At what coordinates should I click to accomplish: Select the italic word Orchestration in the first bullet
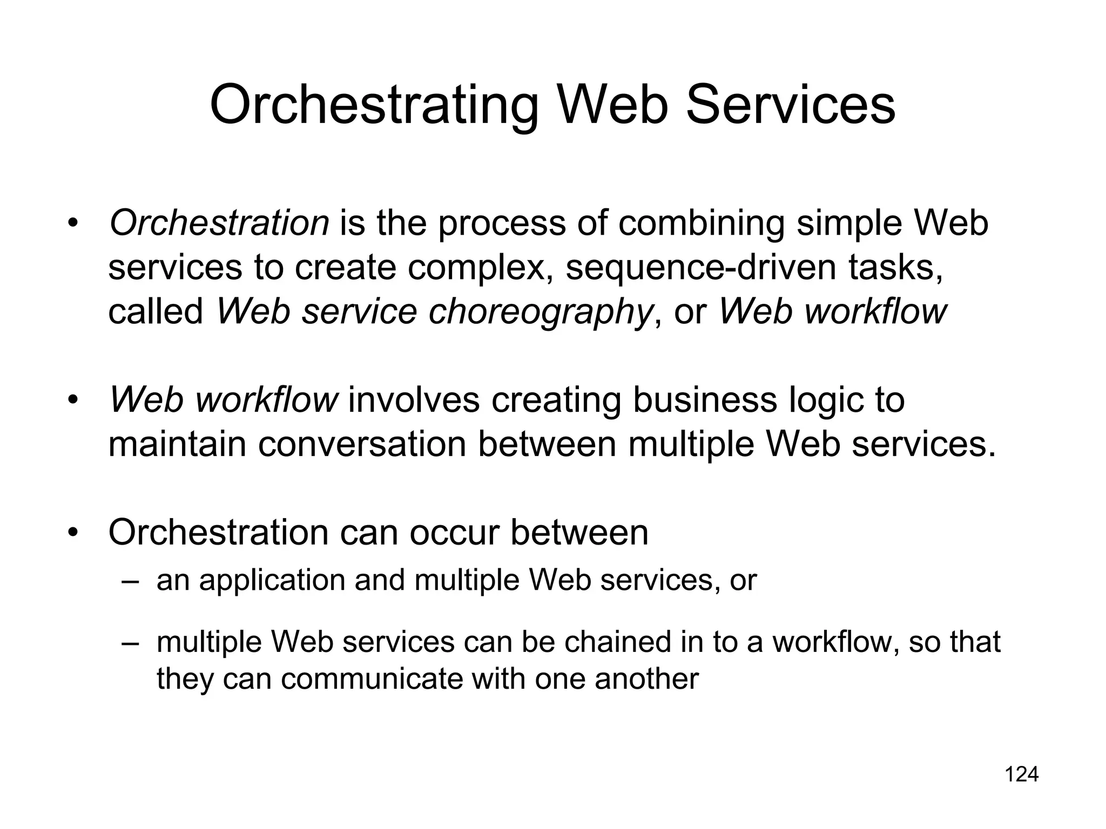(x=219, y=223)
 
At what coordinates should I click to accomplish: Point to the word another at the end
(x=646, y=679)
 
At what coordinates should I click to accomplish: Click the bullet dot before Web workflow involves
(x=73, y=400)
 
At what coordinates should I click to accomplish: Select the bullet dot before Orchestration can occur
(x=73, y=533)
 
